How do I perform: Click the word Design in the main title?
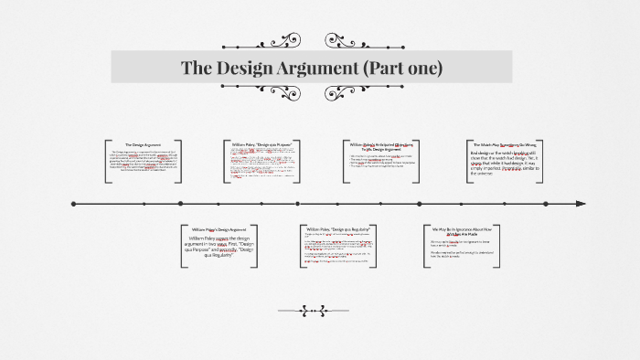pos(240,69)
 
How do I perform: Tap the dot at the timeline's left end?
pos(73,204)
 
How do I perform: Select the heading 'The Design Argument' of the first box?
pos(143,144)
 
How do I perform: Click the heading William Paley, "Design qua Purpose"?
pos(261,143)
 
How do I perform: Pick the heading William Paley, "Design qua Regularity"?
pos(338,228)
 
